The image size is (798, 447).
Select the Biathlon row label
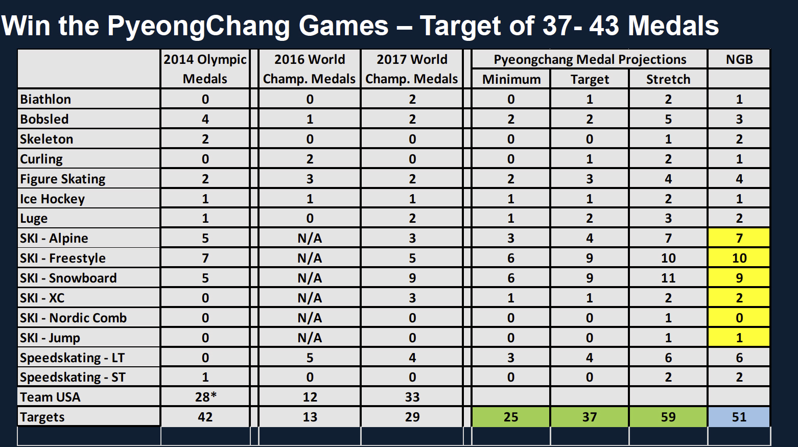click(45, 99)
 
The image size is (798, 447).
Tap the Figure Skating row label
click(62, 179)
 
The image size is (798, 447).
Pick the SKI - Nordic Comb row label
click(73, 318)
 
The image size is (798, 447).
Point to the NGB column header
click(739, 59)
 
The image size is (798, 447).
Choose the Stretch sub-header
click(668, 79)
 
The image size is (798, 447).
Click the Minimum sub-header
click(511, 79)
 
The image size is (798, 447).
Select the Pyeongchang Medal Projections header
click(590, 59)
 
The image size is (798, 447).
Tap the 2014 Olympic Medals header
click(205, 69)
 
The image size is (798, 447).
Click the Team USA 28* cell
click(205, 397)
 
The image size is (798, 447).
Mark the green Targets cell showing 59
click(668, 417)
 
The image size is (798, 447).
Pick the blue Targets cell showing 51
click(739, 417)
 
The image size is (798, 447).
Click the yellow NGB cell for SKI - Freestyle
click(739, 258)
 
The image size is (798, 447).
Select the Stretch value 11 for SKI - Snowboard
click(668, 278)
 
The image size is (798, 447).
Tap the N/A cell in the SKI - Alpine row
click(310, 238)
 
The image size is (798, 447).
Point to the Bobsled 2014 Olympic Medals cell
click(205, 119)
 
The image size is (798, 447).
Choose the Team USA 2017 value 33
click(412, 397)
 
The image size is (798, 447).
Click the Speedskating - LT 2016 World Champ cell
click(310, 358)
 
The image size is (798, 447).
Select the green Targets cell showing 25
click(511, 417)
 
